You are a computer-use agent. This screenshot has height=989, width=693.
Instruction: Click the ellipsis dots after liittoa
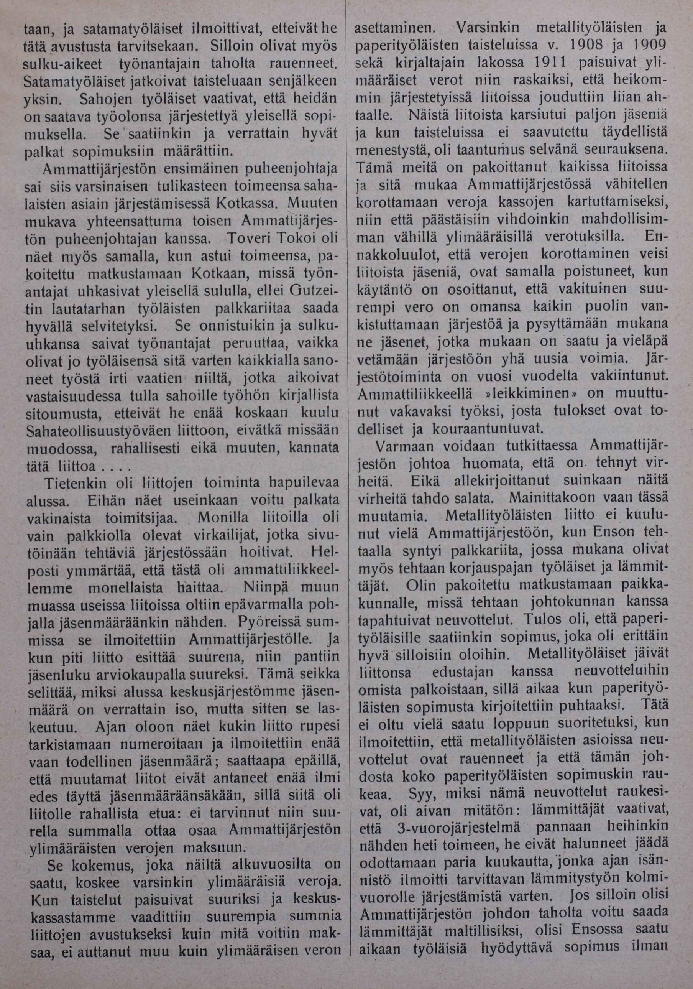click(112, 467)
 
